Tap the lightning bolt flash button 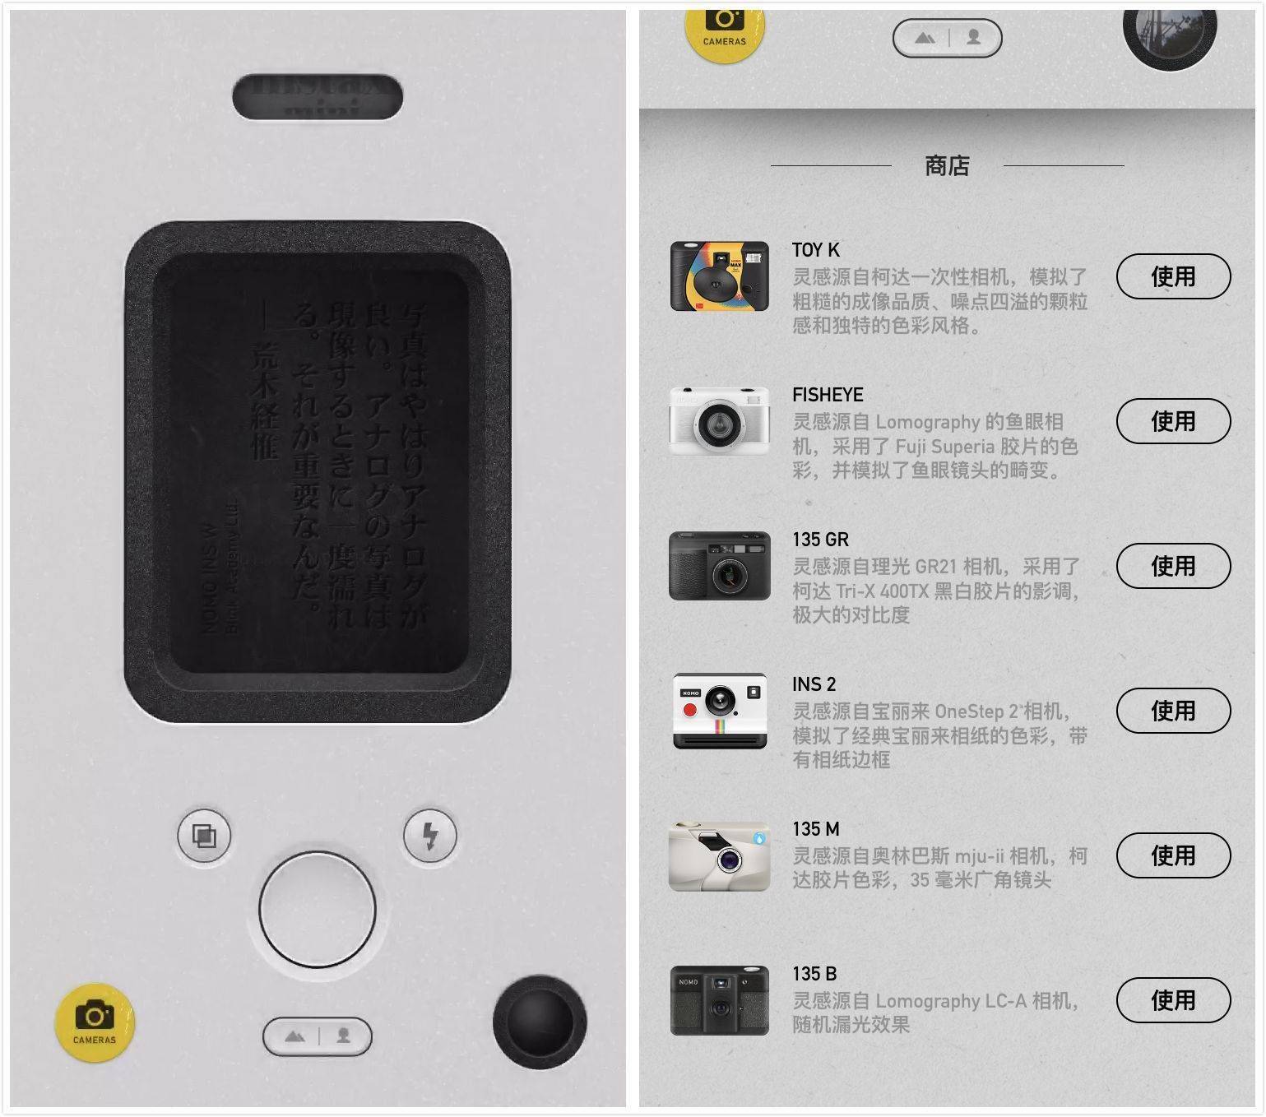pos(429,836)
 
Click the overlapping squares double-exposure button pos(204,836)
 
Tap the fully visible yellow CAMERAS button pos(95,1022)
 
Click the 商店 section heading pos(947,166)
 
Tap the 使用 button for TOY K pos(1172,276)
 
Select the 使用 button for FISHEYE pos(1172,421)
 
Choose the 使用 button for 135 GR pos(1172,566)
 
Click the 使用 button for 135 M pos(1172,855)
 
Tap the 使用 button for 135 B pos(1172,1000)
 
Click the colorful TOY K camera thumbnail pos(720,276)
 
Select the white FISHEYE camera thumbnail pos(720,420)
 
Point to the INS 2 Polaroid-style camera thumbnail pos(720,711)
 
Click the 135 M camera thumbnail pos(720,856)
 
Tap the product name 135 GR pos(820,540)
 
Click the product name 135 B pos(814,974)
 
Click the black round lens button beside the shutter pos(539,1022)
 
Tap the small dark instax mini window pos(318,97)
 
